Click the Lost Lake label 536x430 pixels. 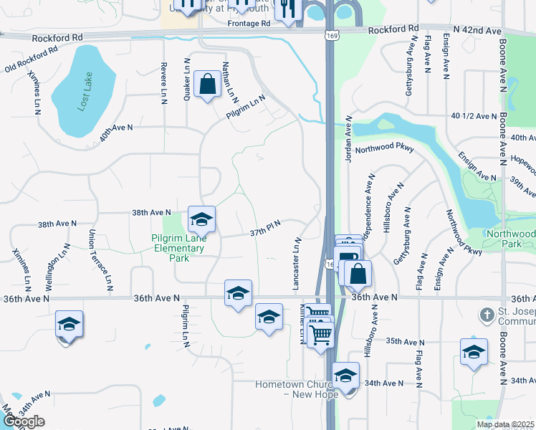click(87, 95)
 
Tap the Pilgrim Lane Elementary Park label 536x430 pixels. click(178, 249)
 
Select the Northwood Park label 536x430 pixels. click(510, 239)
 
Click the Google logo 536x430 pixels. click(24, 421)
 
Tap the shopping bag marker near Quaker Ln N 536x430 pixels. click(207, 85)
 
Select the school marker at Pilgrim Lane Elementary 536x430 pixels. click(202, 219)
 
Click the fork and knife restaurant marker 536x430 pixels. click(287, 9)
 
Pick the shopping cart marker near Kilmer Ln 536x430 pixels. click(320, 333)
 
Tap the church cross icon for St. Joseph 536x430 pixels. click(486, 314)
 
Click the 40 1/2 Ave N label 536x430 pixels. click(474, 116)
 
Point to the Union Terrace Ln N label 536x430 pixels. click(100, 259)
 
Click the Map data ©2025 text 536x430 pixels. click(504, 424)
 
